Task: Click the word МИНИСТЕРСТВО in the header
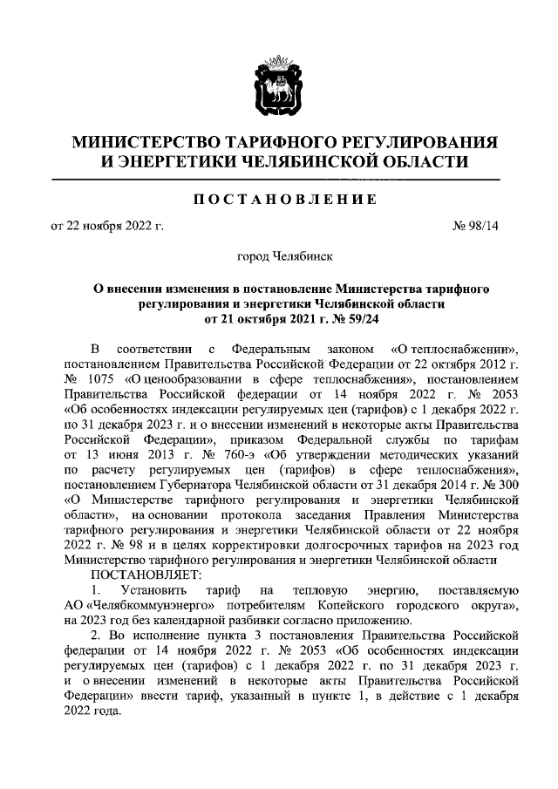coord(144,142)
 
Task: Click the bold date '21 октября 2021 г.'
coord(258,319)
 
